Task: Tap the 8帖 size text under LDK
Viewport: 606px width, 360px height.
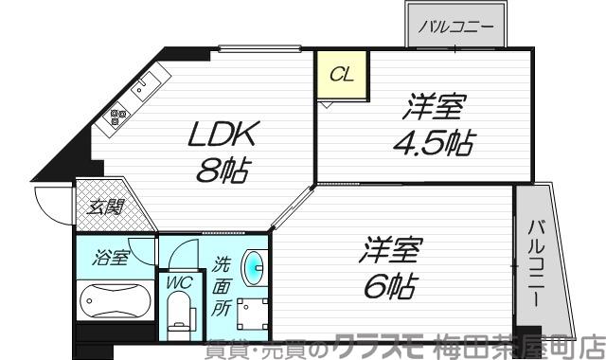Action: pos(224,171)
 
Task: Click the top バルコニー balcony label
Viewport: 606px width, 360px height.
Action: pos(456,26)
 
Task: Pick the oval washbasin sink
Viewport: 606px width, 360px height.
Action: pos(253,265)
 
